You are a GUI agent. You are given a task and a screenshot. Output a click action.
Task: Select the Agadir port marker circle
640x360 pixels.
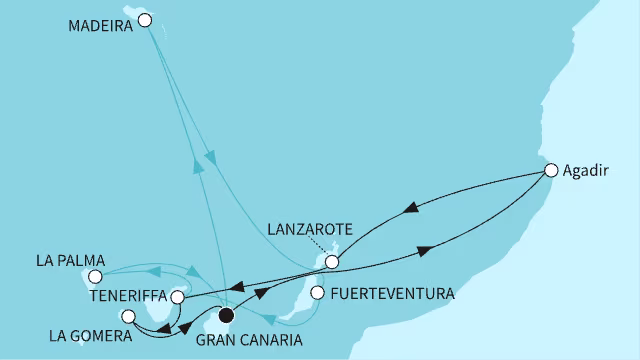click(x=550, y=170)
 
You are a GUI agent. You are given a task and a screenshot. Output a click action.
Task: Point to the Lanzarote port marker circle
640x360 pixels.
click(x=332, y=262)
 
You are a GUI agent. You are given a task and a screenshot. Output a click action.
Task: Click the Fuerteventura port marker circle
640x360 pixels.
click(x=317, y=293)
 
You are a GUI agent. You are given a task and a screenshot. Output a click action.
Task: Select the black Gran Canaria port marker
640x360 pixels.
click(x=225, y=316)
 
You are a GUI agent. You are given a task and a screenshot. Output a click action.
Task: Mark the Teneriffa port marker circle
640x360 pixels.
click(x=177, y=297)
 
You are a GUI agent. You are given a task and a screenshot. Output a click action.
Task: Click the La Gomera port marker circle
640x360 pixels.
click(x=127, y=317)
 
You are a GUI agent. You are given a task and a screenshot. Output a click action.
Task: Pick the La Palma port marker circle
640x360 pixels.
click(x=95, y=276)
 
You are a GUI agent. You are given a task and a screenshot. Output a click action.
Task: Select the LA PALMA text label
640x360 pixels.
click(x=68, y=260)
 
